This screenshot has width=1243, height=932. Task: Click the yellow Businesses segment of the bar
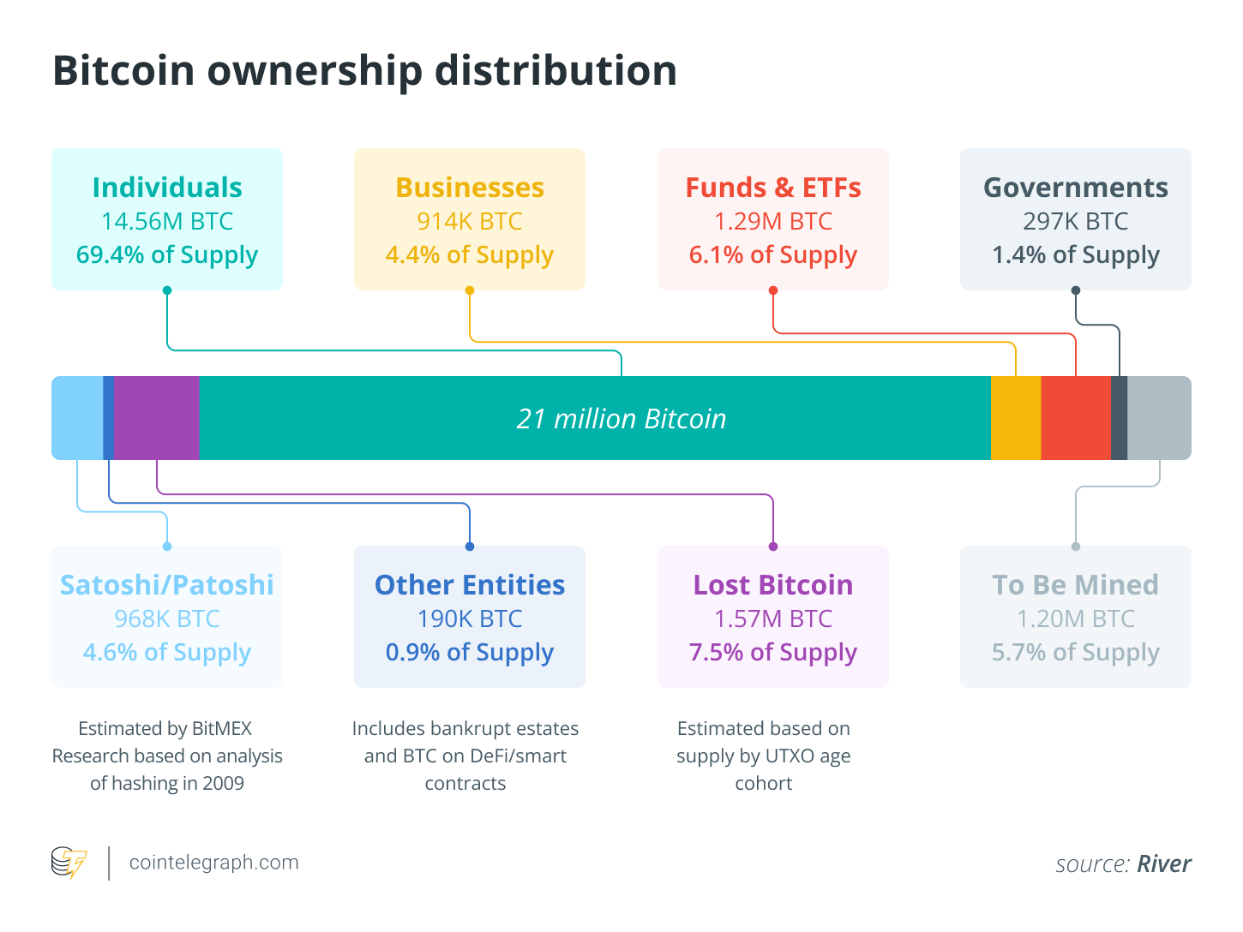click(x=1016, y=418)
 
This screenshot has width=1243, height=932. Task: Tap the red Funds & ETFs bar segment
click(x=1076, y=418)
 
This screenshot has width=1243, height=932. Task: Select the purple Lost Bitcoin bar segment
click(x=157, y=418)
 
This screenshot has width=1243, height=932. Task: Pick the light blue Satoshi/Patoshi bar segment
click(x=77, y=418)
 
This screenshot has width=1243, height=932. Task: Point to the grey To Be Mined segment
click(x=1159, y=418)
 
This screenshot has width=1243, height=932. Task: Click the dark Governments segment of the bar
click(x=1119, y=418)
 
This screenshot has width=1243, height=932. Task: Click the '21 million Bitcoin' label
click(x=621, y=419)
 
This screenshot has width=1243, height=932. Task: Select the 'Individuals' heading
click(x=167, y=188)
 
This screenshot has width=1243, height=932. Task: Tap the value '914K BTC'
click(x=470, y=221)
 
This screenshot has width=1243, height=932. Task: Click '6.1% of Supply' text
click(x=773, y=255)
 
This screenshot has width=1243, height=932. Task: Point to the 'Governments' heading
click(x=1076, y=188)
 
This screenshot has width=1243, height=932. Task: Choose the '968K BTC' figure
click(x=167, y=618)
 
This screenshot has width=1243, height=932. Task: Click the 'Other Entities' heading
click(x=470, y=585)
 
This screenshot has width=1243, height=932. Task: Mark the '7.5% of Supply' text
click(x=773, y=653)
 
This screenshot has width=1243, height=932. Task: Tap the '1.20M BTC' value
click(x=1076, y=618)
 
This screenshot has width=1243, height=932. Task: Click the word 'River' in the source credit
click(x=1164, y=863)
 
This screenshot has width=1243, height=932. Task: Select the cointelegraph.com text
click(x=214, y=863)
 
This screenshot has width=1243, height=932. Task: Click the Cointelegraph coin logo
click(x=69, y=863)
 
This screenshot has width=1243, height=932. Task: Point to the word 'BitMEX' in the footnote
click(x=222, y=729)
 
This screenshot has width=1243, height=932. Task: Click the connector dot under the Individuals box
click(x=167, y=290)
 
